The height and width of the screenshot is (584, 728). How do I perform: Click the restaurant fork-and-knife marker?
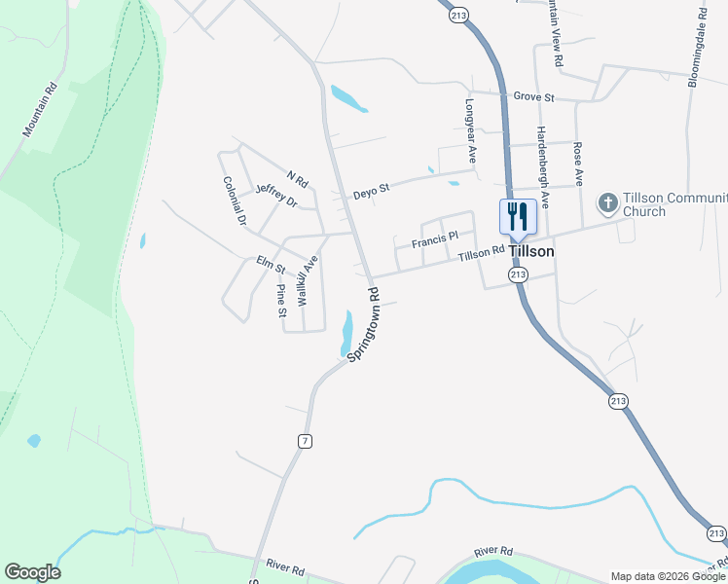pos(517,216)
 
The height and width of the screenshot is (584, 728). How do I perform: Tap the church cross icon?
pos(607,202)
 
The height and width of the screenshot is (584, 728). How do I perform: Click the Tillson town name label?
pos(530,251)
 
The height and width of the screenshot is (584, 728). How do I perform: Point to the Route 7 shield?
pos(306,441)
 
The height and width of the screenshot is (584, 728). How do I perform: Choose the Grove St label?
pos(533,97)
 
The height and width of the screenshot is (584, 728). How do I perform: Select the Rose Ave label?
pos(579,164)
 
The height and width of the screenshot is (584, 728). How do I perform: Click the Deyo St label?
pos(371,187)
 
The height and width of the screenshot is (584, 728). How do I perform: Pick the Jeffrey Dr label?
pos(275,194)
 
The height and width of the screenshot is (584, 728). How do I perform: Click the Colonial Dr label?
pos(235,201)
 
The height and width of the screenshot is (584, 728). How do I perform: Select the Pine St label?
pos(281,301)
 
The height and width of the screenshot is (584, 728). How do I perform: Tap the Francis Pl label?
pos(434,239)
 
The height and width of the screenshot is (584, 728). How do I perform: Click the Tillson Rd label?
pos(482,252)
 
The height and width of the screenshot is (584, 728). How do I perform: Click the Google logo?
pos(32,572)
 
